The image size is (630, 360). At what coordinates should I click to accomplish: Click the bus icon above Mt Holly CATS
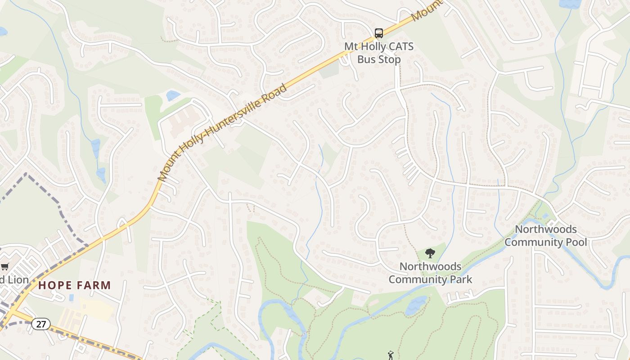pyautogui.click(x=379, y=33)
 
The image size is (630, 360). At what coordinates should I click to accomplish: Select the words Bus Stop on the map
pyautogui.click(x=379, y=59)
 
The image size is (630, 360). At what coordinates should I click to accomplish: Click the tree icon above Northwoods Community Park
pyautogui.click(x=430, y=253)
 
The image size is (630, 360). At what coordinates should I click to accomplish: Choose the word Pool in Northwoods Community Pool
pyautogui.click(x=575, y=242)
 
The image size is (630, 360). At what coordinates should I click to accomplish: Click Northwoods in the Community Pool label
pyautogui.click(x=545, y=229)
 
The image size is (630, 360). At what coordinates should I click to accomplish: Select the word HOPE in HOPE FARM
pyautogui.click(x=54, y=285)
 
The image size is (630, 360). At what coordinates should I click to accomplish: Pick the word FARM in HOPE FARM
pyautogui.click(x=94, y=285)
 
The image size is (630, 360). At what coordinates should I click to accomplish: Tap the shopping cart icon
pyautogui.click(x=4, y=266)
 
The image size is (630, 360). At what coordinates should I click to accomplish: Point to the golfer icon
pyautogui.click(x=390, y=355)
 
